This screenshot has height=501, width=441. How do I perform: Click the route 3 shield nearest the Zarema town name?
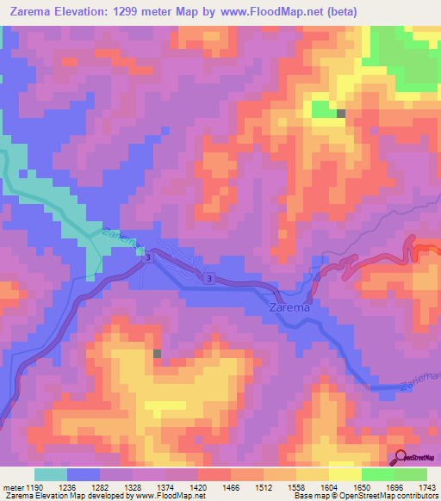coord(209,278)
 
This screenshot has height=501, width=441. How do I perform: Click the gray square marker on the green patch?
coord(341,114)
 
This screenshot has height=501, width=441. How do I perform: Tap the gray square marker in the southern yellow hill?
coord(157,353)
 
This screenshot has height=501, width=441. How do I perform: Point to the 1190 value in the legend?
coord(33,487)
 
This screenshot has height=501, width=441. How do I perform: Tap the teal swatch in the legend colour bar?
coord(51,474)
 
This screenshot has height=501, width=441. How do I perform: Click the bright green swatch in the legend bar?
coord(378,474)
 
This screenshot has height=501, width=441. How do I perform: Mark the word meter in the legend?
coord(11,487)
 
